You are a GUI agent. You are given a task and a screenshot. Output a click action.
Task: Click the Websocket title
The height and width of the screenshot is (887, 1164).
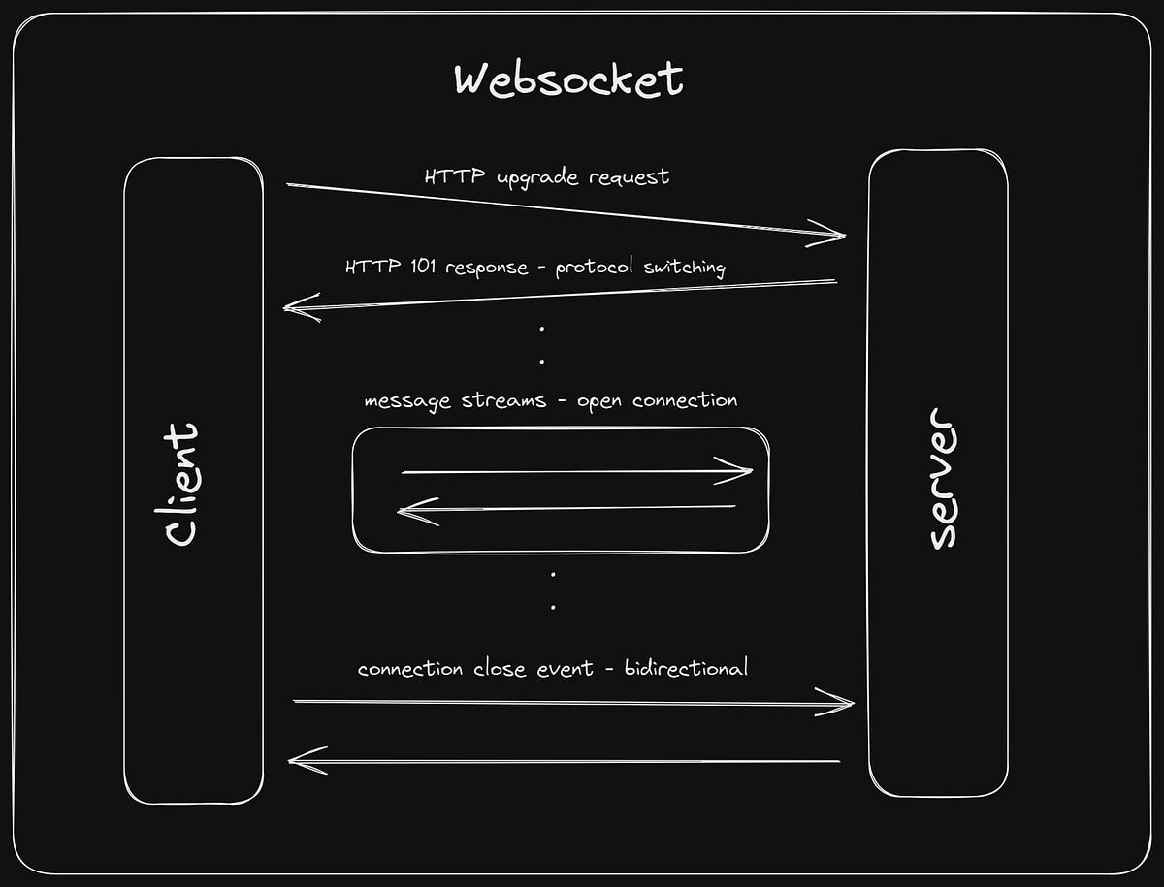[568, 79]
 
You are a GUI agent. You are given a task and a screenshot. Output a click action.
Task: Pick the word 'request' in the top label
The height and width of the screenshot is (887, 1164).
[630, 178]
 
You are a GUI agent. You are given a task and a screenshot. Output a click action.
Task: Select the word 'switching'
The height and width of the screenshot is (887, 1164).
[684, 268]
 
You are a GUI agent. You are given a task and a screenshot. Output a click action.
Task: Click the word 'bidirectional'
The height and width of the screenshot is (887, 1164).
[686, 668]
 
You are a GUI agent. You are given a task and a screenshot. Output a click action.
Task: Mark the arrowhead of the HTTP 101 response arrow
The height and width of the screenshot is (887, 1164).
[297, 308]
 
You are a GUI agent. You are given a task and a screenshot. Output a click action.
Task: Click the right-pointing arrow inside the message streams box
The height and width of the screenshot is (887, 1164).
[576, 472]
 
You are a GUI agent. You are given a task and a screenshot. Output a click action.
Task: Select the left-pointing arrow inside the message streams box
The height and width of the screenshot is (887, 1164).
[566, 509]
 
